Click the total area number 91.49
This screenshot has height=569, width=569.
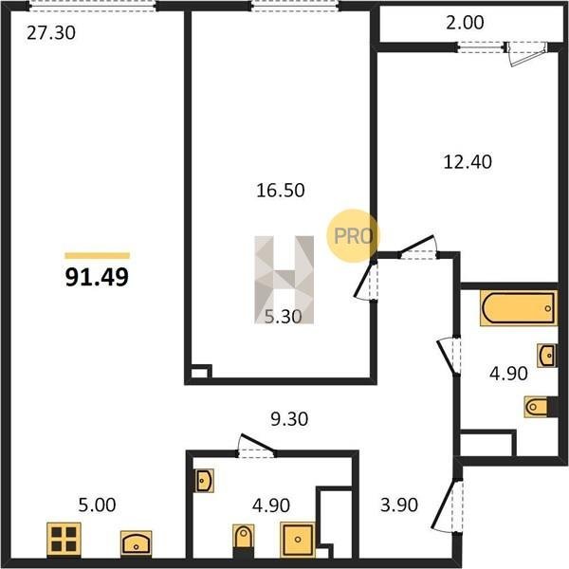point(97,278)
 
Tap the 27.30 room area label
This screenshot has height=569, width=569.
point(51,32)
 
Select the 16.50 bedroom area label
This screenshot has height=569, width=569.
point(281,191)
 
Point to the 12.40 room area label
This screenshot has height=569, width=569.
point(468,162)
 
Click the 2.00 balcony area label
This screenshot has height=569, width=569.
point(465,23)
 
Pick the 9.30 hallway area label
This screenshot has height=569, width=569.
point(289,419)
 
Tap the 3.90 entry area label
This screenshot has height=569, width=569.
point(399,505)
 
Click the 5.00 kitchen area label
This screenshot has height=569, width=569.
point(98,505)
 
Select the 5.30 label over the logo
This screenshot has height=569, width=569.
point(283,317)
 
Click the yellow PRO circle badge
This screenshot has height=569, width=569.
point(353,236)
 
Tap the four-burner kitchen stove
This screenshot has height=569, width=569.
point(64,540)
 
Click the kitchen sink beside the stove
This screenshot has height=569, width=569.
point(136,542)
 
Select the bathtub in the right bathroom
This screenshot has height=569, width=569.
point(518,308)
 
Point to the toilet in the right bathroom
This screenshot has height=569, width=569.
point(537,407)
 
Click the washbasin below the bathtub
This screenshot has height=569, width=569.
point(546,356)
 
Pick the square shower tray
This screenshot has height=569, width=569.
point(298,540)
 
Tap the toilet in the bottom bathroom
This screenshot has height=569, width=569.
point(244,537)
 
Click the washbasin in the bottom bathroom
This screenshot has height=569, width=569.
point(204,481)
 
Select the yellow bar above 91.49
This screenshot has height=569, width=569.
point(98,255)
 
